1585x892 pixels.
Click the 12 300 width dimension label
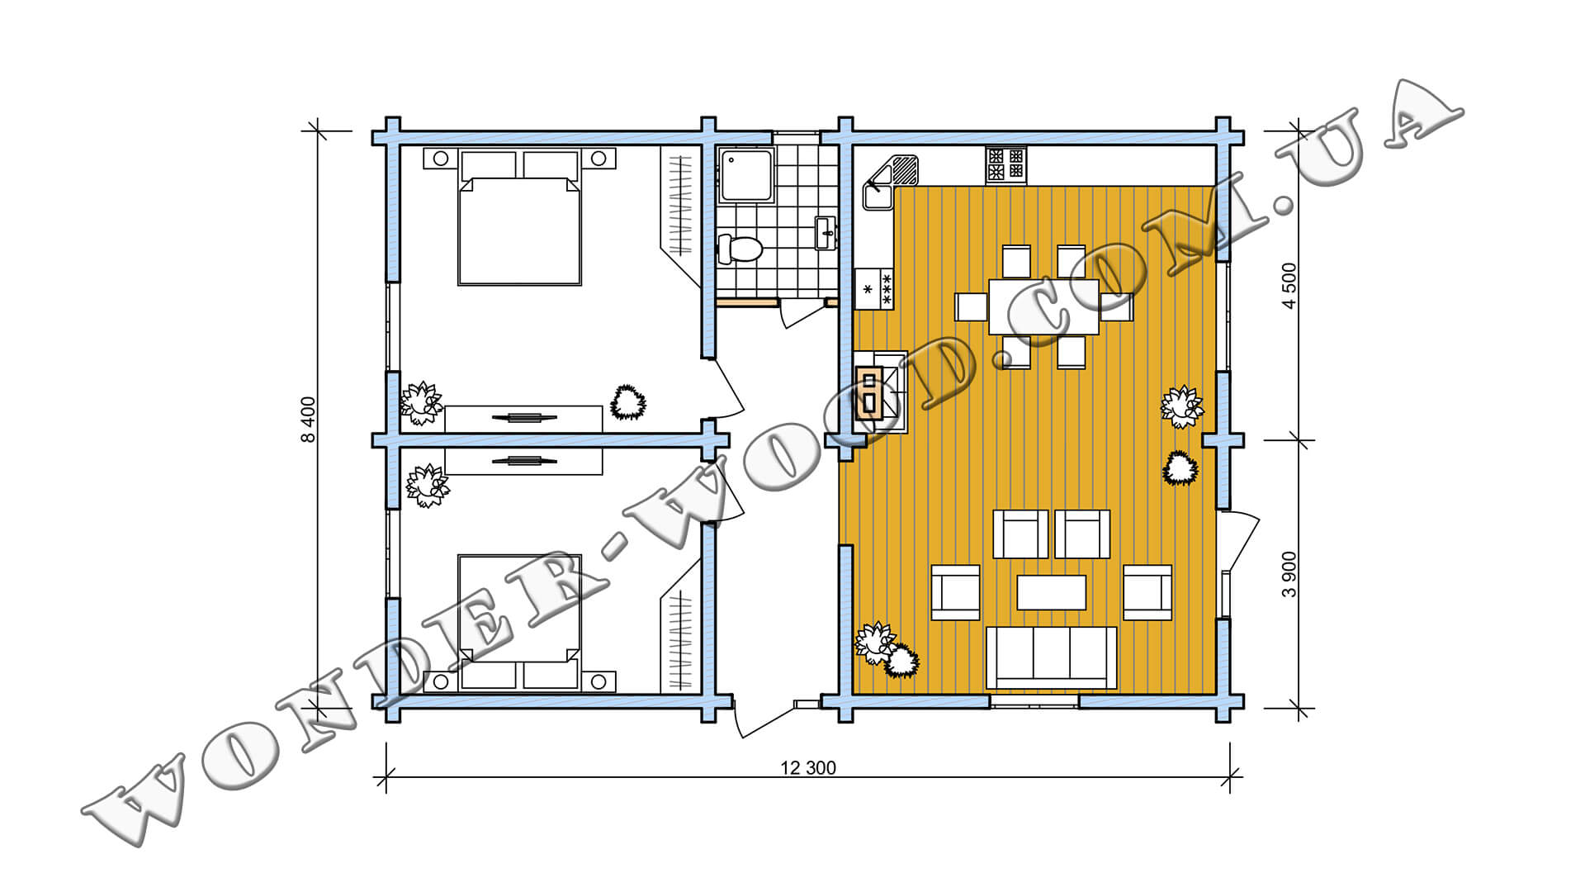tap(808, 768)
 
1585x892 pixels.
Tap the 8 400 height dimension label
tap(308, 420)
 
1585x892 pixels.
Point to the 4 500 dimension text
tap(1289, 285)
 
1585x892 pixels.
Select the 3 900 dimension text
tap(1289, 574)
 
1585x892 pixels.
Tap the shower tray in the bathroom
tap(746, 175)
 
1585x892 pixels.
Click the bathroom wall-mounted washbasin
tap(826, 233)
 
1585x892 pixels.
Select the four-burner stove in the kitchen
tap(1005, 164)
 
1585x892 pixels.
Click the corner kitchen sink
tap(890, 183)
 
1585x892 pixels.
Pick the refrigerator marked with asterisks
tap(874, 289)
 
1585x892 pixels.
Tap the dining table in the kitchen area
tap(1043, 306)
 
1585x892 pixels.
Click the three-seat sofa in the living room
tap(1051, 657)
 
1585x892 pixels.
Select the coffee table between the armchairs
tap(1051, 592)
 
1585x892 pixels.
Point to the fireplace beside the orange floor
tap(880, 392)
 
